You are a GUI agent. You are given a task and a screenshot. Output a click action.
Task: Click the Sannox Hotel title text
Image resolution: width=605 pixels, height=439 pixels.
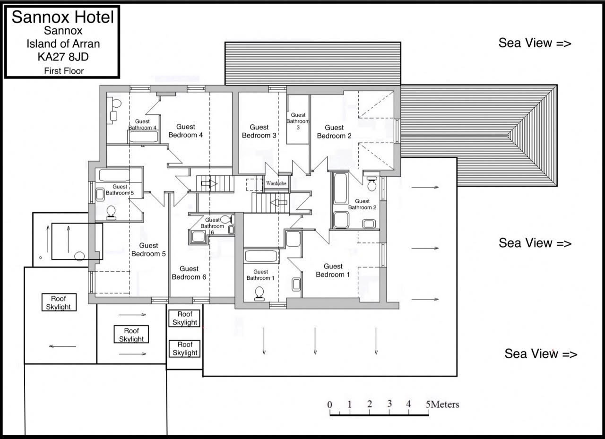pyautogui.click(x=63, y=17)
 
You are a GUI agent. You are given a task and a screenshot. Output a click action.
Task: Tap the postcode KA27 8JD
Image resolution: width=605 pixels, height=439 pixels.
pyautogui.click(x=63, y=57)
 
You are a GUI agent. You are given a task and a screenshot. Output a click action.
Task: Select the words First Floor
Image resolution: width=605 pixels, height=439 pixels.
pyautogui.click(x=64, y=71)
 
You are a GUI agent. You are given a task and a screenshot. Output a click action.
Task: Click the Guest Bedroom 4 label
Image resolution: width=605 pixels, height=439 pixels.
pyautogui.click(x=186, y=131)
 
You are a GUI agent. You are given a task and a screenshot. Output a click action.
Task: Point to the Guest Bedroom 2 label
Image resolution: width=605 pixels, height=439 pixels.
pyautogui.click(x=334, y=131)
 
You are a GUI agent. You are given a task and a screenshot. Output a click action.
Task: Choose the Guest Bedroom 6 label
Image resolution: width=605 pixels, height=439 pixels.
pyautogui.click(x=189, y=273)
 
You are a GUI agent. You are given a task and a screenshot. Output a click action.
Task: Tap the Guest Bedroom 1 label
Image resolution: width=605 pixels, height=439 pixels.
pyautogui.click(x=333, y=270)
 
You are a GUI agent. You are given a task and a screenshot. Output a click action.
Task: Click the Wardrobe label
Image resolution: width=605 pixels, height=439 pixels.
pyautogui.click(x=276, y=183)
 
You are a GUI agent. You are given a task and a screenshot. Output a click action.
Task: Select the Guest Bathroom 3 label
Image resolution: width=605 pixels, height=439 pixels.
pyautogui.click(x=298, y=121)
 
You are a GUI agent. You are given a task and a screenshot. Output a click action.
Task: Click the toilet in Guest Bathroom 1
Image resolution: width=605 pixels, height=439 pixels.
pyautogui.click(x=259, y=294)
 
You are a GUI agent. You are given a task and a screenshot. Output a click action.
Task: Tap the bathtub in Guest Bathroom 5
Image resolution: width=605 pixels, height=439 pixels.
pyautogui.click(x=114, y=175)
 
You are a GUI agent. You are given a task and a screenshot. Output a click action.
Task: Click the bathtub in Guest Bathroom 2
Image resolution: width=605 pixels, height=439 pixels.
pyautogui.click(x=340, y=188)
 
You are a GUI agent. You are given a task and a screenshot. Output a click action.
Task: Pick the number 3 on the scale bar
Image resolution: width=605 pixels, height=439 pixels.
pyautogui.click(x=389, y=404)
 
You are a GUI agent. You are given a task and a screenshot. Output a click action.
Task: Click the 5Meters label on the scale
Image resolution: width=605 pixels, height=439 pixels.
pyautogui.click(x=442, y=405)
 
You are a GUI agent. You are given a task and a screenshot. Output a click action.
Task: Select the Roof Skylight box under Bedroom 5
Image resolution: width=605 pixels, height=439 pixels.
pyautogui.click(x=131, y=334)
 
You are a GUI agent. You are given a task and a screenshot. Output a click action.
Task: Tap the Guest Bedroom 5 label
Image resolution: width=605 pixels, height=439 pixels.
pyautogui.click(x=148, y=250)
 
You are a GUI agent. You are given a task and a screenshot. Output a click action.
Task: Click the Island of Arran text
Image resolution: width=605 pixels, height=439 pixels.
pyautogui.click(x=63, y=44)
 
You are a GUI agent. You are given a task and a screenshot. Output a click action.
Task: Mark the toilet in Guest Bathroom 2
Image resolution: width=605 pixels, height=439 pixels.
pyautogui.click(x=372, y=184)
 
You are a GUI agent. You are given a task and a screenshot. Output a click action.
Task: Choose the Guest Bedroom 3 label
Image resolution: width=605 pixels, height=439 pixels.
pyautogui.click(x=259, y=131)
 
